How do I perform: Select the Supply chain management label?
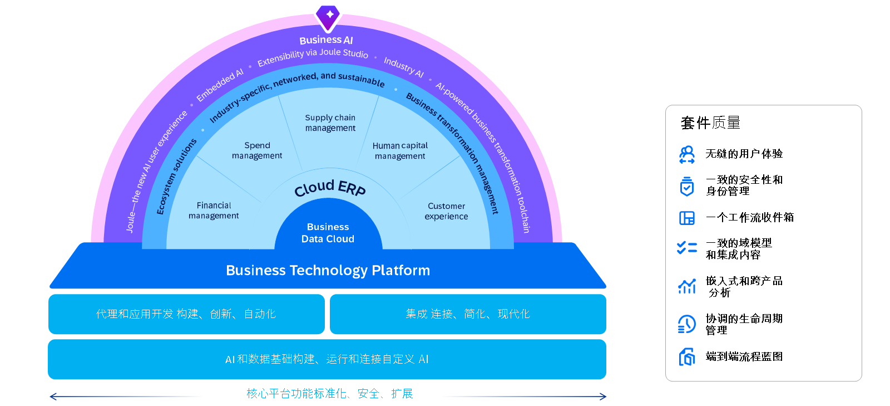(x=330, y=123)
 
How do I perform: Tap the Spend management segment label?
(x=257, y=150)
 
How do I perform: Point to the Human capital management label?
(x=400, y=151)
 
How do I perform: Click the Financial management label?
(x=214, y=211)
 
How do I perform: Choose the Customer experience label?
(x=446, y=211)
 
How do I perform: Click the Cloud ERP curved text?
(x=330, y=188)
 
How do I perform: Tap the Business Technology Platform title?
(x=328, y=271)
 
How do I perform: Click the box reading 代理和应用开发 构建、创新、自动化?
(x=186, y=314)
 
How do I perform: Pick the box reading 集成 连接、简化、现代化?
(x=468, y=314)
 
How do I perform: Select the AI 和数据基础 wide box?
(x=327, y=359)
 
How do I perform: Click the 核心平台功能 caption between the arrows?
(x=330, y=393)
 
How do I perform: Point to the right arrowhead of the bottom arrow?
(x=603, y=397)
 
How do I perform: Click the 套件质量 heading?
(x=710, y=123)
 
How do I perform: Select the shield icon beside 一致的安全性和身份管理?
(x=687, y=186)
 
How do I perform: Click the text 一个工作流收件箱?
(x=750, y=217)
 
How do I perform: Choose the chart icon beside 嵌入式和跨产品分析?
(x=687, y=286)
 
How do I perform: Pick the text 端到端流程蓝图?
(x=744, y=356)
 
